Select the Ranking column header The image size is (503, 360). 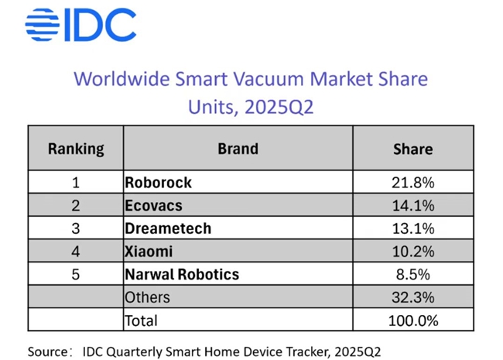75,149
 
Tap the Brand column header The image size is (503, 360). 238,149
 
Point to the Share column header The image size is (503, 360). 413,149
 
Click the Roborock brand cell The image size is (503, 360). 158,183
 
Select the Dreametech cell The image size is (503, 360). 167,228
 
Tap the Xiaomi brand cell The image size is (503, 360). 149,252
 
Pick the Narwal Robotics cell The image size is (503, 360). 182,274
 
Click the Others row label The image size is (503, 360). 147,297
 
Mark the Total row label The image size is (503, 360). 141,320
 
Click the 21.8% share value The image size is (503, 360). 413,183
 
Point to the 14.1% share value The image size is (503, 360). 413,206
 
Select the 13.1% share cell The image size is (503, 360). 413,228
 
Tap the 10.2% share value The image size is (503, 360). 413,252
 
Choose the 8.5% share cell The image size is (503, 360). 413,274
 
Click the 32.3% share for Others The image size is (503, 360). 413,297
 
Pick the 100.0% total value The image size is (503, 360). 413,320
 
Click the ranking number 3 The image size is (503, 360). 75,228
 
